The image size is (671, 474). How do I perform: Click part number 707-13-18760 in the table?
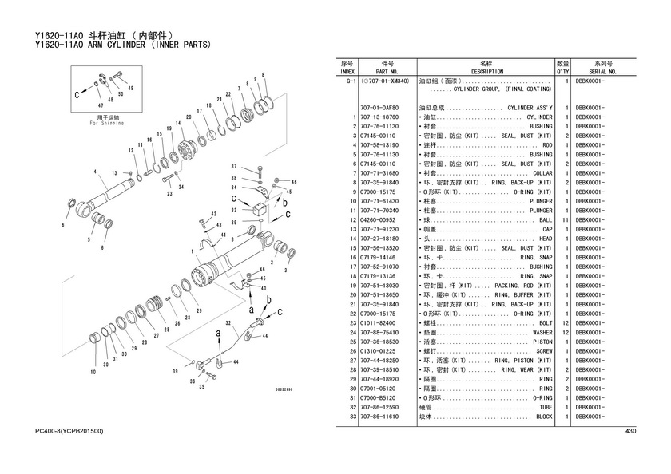[x=379, y=117]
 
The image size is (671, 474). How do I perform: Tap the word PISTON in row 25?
[x=542, y=342]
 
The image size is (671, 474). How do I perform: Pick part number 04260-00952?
[x=379, y=220]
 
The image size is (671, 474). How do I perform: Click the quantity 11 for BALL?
[x=565, y=220]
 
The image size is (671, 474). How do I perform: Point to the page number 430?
[x=630, y=432]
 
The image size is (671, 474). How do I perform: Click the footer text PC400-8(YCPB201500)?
[x=69, y=432]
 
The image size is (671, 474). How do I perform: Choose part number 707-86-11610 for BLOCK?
[x=379, y=417]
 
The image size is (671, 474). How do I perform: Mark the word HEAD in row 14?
[x=546, y=239]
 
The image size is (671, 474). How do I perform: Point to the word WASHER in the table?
[x=542, y=332]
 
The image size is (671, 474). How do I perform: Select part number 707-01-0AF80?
[x=379, y=108]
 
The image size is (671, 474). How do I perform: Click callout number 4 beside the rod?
[x=94, y=172]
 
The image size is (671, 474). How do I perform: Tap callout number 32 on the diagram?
[x=228, y=323]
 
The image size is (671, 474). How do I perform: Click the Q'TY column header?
[x=562, y=71]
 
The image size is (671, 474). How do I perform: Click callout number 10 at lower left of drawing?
[x=94, y=373]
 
